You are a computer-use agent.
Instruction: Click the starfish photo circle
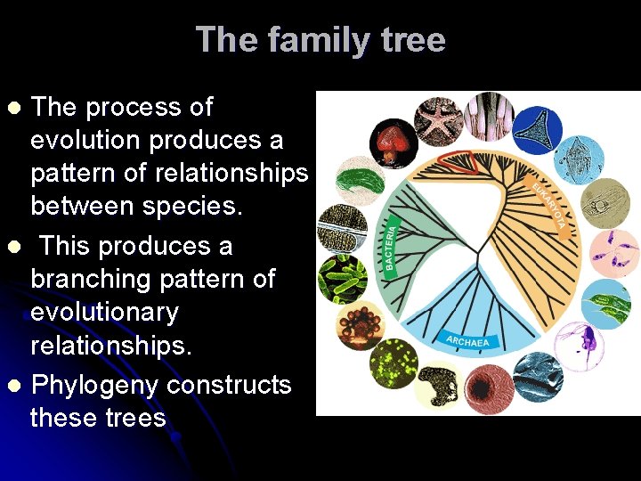(x=438, y=119)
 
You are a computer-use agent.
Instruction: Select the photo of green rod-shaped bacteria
(x=343, y=279)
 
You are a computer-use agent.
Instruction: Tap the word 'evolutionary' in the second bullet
(x=105, y=313)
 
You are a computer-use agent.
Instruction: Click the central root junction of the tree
(x=480, y=265)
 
